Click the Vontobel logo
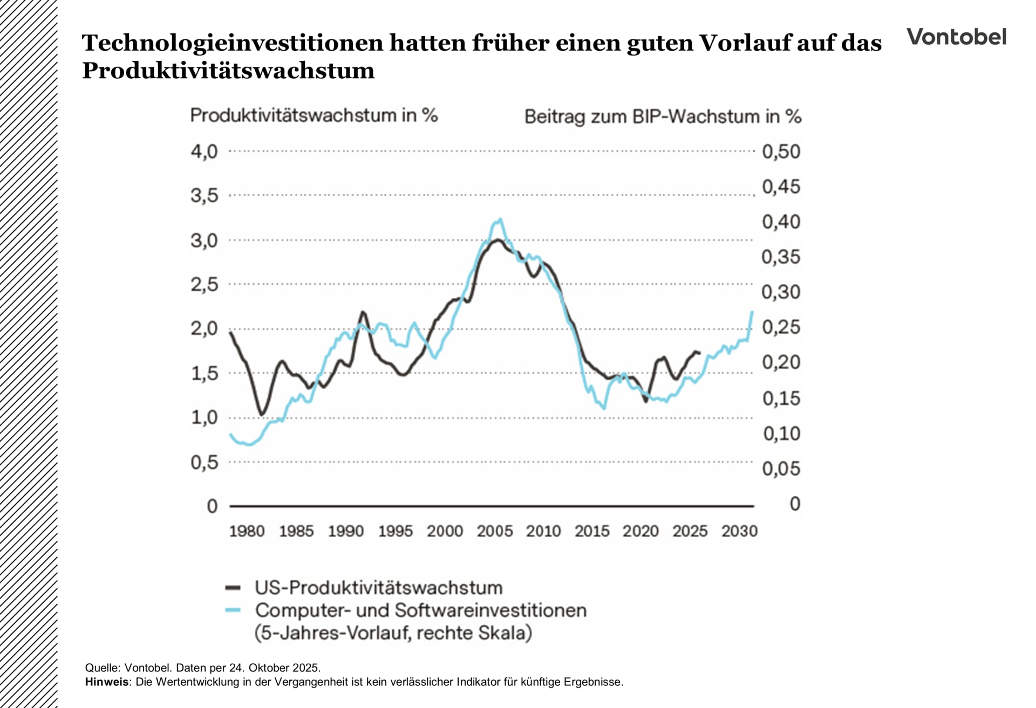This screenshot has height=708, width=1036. (956, 37)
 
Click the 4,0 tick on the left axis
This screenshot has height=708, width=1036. (204, 152)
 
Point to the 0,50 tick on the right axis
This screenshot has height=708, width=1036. (781, 152)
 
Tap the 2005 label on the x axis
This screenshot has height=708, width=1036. (494, 531)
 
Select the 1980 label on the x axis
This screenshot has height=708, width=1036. (247, 531)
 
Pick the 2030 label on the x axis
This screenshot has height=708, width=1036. (739, 531)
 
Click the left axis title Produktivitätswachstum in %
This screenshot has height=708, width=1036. (313, 115)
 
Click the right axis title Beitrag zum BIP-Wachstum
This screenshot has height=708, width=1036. (663, 116)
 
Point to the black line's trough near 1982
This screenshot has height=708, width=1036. (262, 414)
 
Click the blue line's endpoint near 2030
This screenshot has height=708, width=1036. (752, 312)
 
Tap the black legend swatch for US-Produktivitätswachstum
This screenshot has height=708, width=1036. (233, 588)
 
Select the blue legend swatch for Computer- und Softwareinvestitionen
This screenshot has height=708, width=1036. (233, 610)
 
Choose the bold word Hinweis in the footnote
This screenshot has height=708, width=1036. (107, 682)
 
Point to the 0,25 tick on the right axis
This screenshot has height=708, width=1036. (781, 327)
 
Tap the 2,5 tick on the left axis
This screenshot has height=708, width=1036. (204, 284)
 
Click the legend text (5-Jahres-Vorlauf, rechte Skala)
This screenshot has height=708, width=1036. (393, 633)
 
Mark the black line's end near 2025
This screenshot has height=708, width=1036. (699, 353)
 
